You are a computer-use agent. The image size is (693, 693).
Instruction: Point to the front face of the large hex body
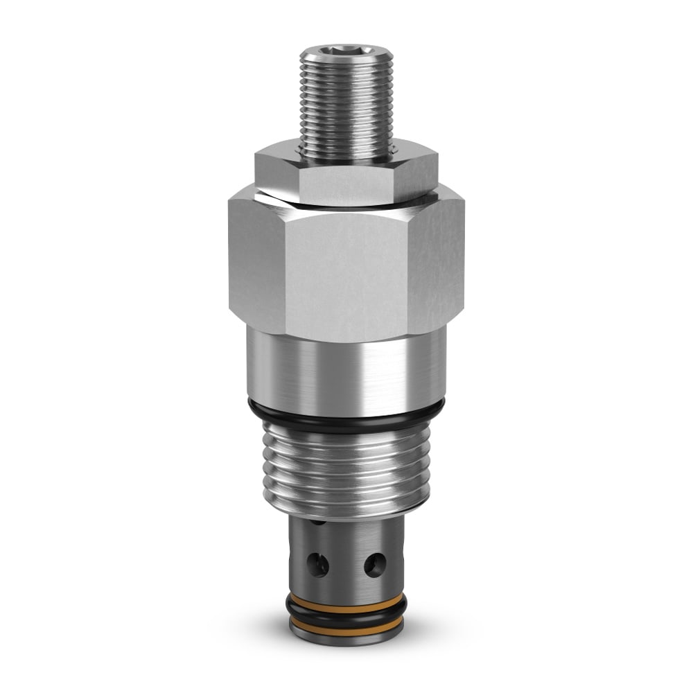(x=346, y=274)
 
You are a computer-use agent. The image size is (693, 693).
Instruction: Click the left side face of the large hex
(x=254, y=263)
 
